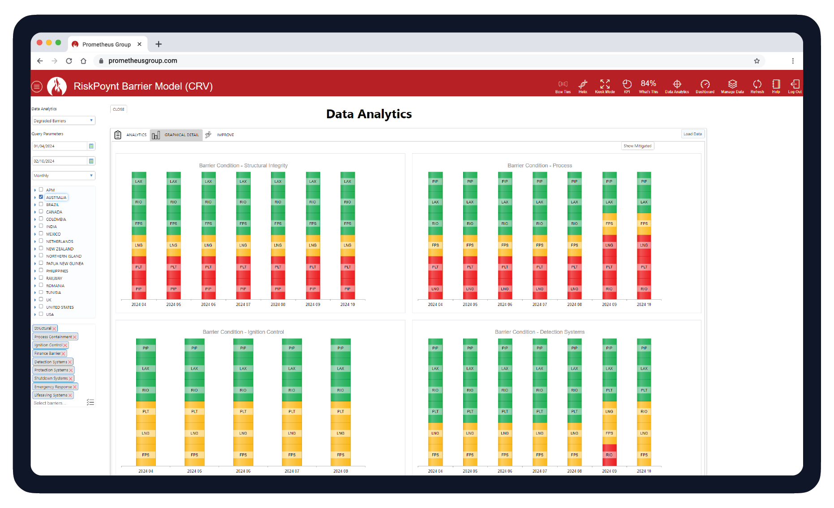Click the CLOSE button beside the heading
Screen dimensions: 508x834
coord(119,109)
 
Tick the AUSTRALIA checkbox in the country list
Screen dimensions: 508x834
coord(41,197)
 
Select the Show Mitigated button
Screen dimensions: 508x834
coord(637,146)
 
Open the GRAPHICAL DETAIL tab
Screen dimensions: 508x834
coord(176,135)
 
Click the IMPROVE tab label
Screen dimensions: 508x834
coord(225,135)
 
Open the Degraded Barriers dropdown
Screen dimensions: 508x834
coord(63,121)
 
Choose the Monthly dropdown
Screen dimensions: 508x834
coord(63,176)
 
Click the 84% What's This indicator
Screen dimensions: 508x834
coord(648,86)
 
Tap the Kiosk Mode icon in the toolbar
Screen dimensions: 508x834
coord(605,86)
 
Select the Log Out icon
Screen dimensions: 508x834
coord(795,86)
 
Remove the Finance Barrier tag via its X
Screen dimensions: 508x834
coord(64,354)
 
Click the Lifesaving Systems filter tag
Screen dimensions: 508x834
coord(51,395)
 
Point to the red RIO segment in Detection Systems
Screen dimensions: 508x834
coord(609,455)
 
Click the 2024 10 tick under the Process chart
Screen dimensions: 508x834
coord(644,305)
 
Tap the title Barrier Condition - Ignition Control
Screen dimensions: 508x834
coord(243,332)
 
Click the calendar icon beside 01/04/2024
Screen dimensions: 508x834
coord(91,146)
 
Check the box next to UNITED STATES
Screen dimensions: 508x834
coord(41,307)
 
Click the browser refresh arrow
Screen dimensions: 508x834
coord(69,61)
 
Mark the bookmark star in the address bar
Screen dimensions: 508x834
coord(757,61)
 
